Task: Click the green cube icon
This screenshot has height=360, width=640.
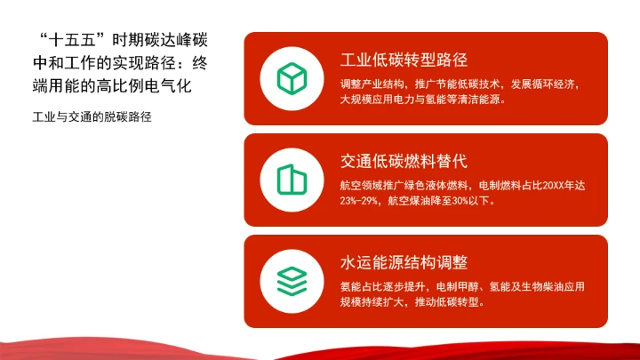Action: (x=291, y=78)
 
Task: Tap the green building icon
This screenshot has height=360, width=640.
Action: (x=291, y=180)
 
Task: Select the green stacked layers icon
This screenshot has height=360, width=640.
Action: (x=291, y=281)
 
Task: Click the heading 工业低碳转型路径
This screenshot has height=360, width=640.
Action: (x=404, y=60)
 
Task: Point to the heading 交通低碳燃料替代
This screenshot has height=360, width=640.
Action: (x=404, y=162)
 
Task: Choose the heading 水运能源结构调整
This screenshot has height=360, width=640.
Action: (x=404, y=263)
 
